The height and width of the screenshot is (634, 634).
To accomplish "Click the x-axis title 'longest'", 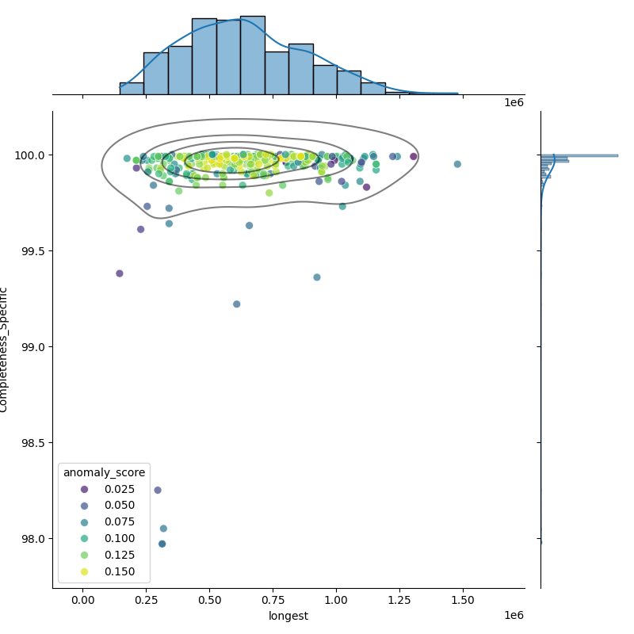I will coord(288,616).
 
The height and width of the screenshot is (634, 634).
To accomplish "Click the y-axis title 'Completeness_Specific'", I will coord(5,349).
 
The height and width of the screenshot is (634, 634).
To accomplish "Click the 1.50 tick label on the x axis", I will coord(463,601).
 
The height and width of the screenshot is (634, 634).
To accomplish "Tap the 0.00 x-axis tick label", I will coord(83,601).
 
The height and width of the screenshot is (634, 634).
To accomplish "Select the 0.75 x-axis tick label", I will coord(273,601).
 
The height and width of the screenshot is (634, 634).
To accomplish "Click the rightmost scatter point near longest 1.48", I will coord(457,164).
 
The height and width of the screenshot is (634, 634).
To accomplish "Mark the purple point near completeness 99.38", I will coord(120,273).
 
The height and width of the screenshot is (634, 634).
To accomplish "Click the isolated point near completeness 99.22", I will coord(236,304).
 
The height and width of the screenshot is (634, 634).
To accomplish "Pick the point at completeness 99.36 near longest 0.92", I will coord(317,277).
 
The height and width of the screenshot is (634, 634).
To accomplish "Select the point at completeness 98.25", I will coord(158,491).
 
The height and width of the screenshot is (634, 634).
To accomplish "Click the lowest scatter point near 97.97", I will coord(162,544).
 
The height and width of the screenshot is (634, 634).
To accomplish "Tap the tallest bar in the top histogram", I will coord(252,55).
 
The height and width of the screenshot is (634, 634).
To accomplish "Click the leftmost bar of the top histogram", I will coord(132,88).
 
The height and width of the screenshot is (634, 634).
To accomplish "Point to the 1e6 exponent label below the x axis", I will coord(514,616).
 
